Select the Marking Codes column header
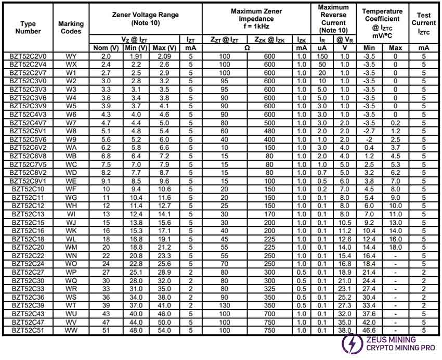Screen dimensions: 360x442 [71, 27]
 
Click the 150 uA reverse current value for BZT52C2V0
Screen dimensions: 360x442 [322, 56]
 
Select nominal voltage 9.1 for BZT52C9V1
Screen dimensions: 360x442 [106, 181]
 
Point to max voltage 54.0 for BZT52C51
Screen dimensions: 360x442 [164, 330]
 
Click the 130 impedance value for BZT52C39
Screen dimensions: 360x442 [225, 305]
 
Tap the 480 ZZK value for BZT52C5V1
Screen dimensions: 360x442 [269, 131]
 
